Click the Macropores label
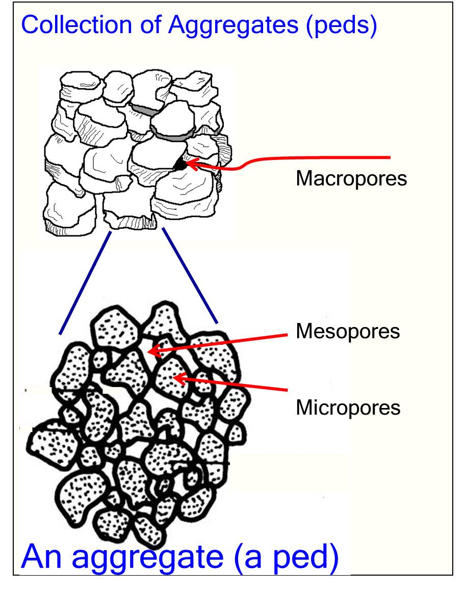pyautogui.click(x=351, y=179)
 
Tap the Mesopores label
pyautogui.click(x=348, y=332)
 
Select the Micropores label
pyautogui.click(x=348, y=408)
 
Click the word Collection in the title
pyautogui.click(x=76, y=25)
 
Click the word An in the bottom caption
pyautogui.click(x=41, y=556)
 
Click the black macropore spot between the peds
pyautogui.click(x=179, y=165)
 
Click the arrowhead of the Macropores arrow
pyautogui.click(x=191, y=164)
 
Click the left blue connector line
pyautogui.click(x=85, y=283)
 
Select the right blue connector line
pyautogui.click(x=190, y=276)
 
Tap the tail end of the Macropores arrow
pyautogui.click(x=390, y=157)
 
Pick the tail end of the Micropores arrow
pyautogui.click(x=287, y=390)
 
